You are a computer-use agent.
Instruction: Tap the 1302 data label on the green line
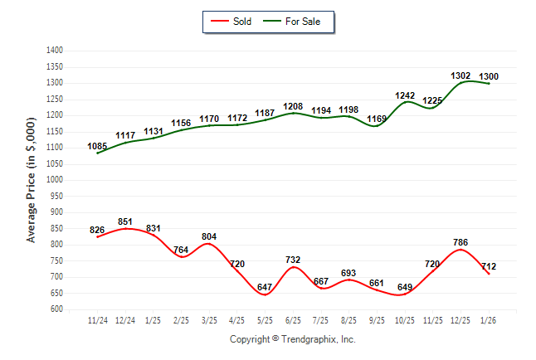pos(460,75)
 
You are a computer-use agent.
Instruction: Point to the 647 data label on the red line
pos(266,288)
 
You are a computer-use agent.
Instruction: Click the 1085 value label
pos(97,146)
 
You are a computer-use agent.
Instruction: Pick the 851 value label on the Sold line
pos(125,221)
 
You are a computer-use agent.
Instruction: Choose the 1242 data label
pos(405,95)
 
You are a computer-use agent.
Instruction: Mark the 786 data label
pos(460,243)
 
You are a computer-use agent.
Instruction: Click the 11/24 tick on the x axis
pos(97,319)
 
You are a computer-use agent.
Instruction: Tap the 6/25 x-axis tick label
pos(293,319)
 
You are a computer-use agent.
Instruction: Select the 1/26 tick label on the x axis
pos(489,319)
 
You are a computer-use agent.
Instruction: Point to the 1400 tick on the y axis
pos(55,51)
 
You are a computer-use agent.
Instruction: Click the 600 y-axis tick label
pos(57,309)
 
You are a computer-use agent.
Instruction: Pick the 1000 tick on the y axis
pos(55,180)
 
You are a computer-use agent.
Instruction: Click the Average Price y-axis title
pos(32,180)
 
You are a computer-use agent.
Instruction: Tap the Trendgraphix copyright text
pos(292,339)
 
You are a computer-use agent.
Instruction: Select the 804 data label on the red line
pos(209,236)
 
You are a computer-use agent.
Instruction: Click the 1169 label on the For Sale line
pos(377,119)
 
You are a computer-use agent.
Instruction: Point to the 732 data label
pos(293,260)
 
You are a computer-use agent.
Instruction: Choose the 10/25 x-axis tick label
pos(405,319)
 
